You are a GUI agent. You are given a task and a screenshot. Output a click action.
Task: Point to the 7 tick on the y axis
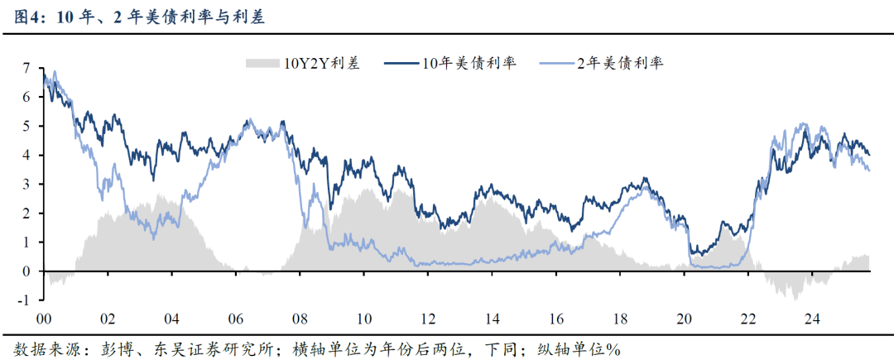tap(27, 67)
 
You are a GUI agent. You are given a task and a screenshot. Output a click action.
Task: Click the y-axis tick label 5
tap(27, 126)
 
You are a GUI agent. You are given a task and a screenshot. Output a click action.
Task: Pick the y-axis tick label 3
tap(27, 184)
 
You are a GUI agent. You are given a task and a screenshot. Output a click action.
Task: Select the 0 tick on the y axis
tap(27, 271)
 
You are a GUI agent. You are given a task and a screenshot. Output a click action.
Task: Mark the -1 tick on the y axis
tap(25, 300)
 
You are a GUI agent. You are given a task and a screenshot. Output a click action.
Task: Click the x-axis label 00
tap(44, 319)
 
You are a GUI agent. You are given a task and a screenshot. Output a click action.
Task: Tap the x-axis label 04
tap(171, 319)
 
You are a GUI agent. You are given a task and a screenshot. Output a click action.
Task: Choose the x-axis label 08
tap(300, 319)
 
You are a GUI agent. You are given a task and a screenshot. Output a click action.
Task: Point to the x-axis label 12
tap(428, 319)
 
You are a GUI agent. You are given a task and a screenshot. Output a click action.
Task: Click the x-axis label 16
tap(555, 319)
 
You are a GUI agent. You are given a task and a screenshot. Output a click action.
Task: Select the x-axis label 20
tap(684, 319)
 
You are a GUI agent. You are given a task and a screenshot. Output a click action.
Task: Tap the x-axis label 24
tap(811, 319)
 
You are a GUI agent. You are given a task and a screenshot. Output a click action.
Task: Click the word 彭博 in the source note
tap(108, 348)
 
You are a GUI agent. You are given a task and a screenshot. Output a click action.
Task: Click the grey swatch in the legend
tap(263, 64)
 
